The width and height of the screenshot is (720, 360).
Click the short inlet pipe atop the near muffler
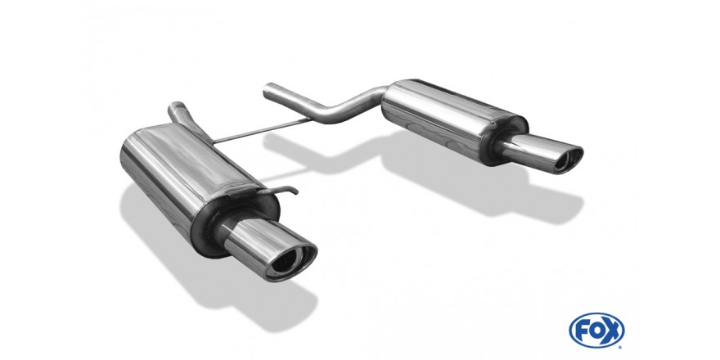[x=178, y=114]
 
